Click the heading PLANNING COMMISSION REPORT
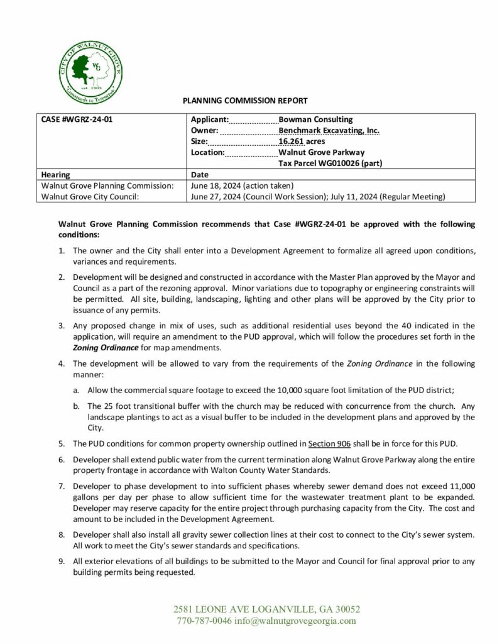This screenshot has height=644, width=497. coord(244,101)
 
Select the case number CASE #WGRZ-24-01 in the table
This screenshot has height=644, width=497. coord(77,119)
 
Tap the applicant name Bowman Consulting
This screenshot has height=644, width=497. coord(315,119)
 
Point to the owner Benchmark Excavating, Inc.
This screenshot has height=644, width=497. coord(329,131)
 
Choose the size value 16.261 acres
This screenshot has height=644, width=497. coord(302,142)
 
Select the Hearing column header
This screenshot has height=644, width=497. coord(55,175)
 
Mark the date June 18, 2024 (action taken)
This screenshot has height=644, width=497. coord(237,186)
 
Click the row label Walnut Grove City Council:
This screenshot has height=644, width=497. coord(89,197)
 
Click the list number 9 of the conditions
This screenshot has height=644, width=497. coord(61,562)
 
